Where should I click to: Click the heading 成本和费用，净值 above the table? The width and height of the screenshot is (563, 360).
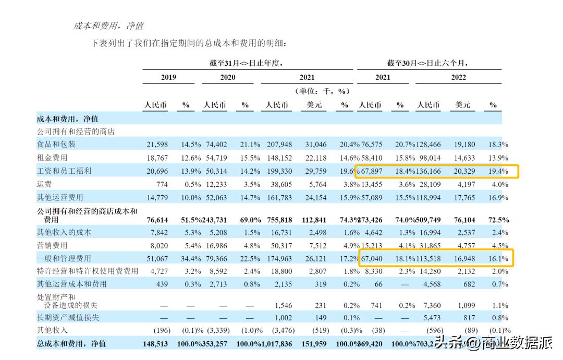tap(108, 26)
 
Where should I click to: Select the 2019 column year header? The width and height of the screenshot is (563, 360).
tap(168, 77)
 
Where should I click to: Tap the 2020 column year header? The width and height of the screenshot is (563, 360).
tap(227, 77)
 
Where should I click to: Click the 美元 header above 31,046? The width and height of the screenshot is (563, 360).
tap(314, 105)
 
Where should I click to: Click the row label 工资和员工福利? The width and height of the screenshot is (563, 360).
tap(64, 171)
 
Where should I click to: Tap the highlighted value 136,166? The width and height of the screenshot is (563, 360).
tap(430, 171)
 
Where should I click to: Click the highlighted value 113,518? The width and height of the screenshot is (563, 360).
tap(430, 258)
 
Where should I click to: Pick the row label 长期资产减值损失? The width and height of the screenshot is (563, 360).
tap(68, 317)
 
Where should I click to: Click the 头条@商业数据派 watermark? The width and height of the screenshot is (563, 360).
tap(494, 343)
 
